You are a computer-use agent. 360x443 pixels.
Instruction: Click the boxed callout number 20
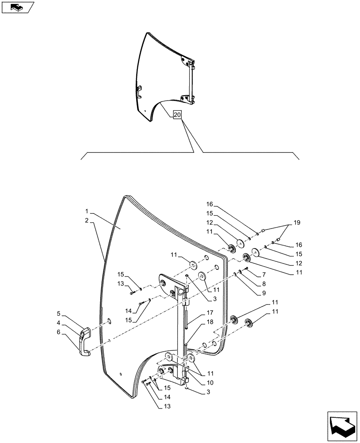tap(177, 115)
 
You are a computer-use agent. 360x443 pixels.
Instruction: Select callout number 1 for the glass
tap(87, 211)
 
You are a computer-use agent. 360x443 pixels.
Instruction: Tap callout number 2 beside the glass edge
tap(87, 220)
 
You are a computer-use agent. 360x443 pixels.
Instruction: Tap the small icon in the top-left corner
tap(17, 8)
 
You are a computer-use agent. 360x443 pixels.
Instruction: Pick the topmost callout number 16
tap(209, 204)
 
